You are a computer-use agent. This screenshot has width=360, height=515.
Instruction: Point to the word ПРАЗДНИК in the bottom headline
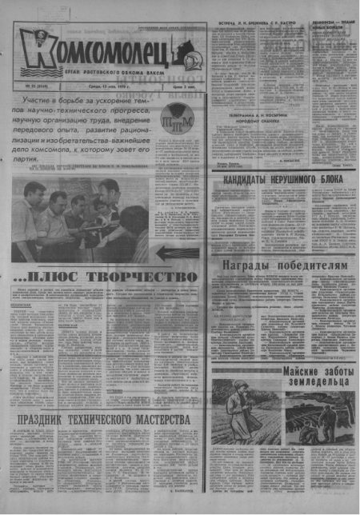(x=51, y=419)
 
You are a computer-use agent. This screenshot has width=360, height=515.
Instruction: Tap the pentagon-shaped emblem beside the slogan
(x=177, y=123)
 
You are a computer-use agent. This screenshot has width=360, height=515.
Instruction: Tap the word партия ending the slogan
(x=32, y=160)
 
